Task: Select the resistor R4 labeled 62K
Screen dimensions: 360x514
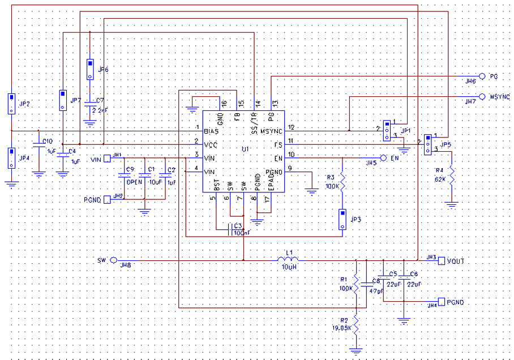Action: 452,172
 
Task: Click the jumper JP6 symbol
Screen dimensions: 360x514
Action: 90,69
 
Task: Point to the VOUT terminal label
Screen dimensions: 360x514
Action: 456,261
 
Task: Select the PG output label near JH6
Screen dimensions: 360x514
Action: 494,76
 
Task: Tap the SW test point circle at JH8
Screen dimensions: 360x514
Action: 113,260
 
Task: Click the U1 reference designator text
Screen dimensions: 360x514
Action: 245,148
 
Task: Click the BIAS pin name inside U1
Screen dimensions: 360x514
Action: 212,130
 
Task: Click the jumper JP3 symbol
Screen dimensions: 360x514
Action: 342,219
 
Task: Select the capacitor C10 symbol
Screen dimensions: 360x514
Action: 38,146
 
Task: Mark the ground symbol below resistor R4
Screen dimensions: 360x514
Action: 452,205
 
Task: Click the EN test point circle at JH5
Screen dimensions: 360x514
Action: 383,158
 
